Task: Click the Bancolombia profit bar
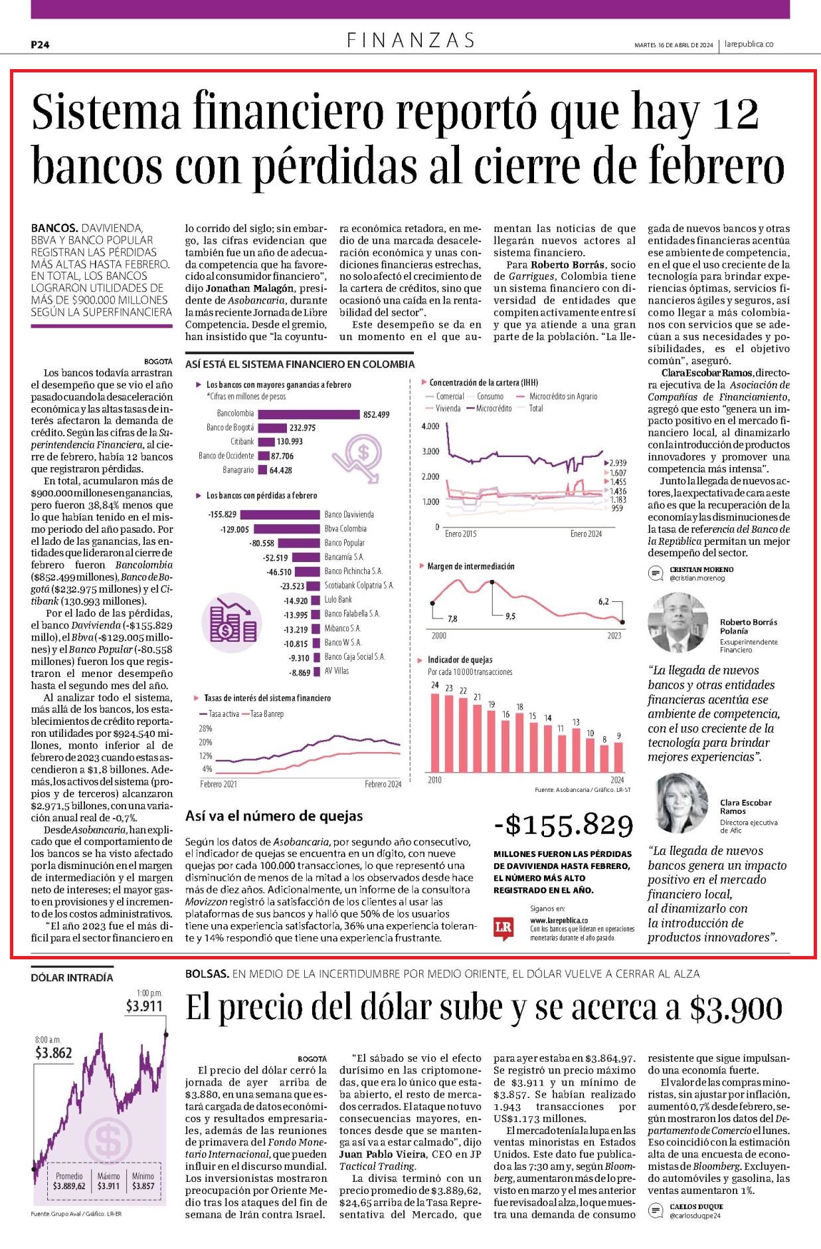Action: click(x=308, y=414)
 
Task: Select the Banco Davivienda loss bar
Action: click(x=280, y=514)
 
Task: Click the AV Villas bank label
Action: click(x=337, y=672)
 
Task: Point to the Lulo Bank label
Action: click(x=338, y=600)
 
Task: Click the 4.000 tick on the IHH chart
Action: click(x=430, y=426)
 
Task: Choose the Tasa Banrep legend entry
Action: click(x=264, y=714)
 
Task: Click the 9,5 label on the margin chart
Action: click(x=510, y=617)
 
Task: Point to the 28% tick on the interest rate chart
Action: click(x=205, y=728)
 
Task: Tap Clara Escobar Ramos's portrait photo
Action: click(x=683, y=803)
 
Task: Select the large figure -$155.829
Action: click(x=564, y=824)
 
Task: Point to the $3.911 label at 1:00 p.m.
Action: click(x=144, y=1006)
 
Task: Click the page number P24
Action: click(x=41, y=45)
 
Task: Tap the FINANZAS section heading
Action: click(x=411, y=41)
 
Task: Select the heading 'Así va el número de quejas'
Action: click(x=274, y=816)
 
